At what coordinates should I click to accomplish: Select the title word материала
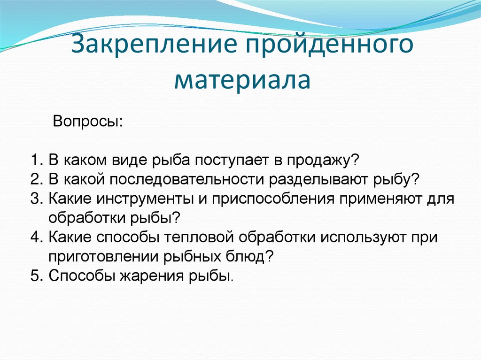pos(241,80)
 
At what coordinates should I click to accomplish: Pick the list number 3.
pos(37,199)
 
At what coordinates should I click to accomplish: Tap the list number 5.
pos(37,276)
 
